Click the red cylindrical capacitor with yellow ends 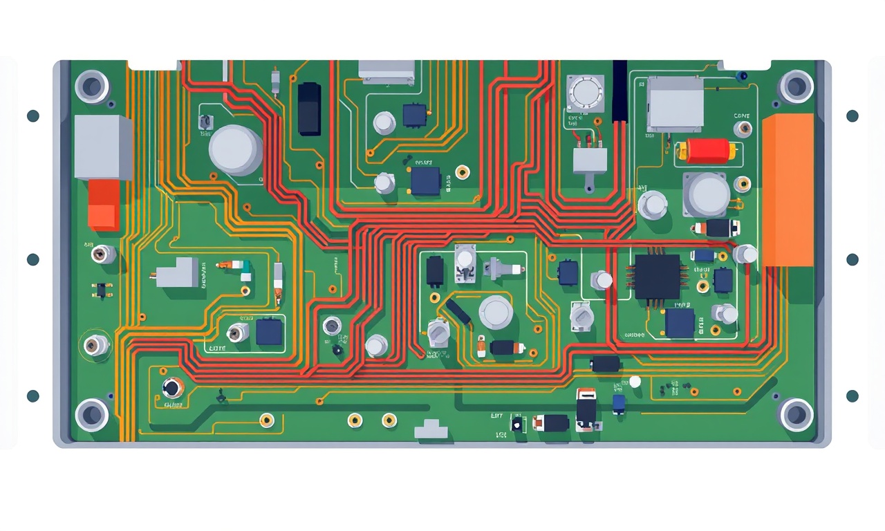706,150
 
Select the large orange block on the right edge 788,189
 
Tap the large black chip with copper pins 658,277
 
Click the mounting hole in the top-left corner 92,86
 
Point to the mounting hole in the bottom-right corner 796,414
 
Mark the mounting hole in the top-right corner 796,86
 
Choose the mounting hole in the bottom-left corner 92,414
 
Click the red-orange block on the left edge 104,205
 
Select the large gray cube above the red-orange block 102,147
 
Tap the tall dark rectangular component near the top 309,108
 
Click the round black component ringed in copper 172,389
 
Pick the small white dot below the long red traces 635,382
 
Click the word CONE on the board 742,116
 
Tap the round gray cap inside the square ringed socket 585,93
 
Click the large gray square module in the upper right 675,104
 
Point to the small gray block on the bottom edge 431,429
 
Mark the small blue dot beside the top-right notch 743,75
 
